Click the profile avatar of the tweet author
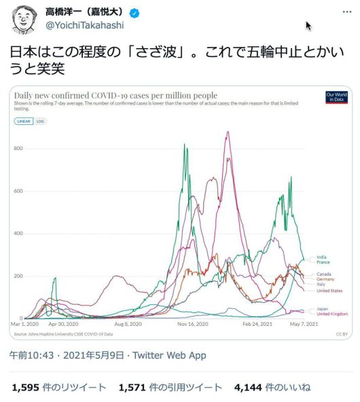click(x=24, y=18)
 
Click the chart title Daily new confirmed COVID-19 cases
click(x=115, y=95)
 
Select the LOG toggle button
click(x=40, y=121)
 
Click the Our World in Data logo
click(x=336, y=97)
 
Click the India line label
click(x=321, y=257)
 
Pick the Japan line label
click(x=322, y=309)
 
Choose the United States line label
click(x=329, y=291)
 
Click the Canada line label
click(x=323, y=273)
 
